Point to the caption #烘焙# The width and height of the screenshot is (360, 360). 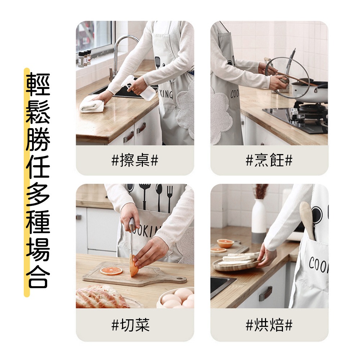click(x=269, y=325)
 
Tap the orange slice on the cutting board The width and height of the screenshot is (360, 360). click(x=111, y=270)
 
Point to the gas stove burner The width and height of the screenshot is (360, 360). click(x=310, y=108)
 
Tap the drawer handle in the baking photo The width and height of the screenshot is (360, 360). click(x=266, y=293)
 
